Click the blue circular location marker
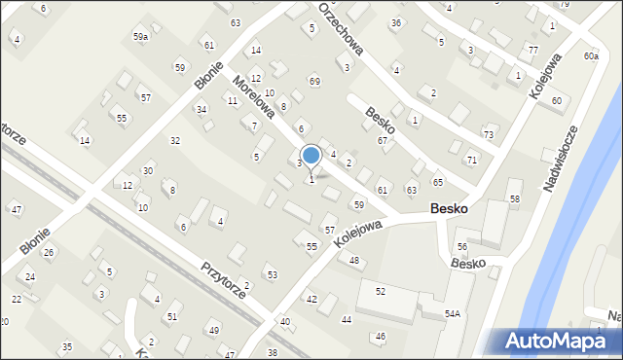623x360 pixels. (x=311, y=155)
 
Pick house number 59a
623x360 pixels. (x=141, y=36)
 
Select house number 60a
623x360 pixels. (x=591, y=56)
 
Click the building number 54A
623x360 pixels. (x=453, y=313)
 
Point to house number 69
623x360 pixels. (x=314, y=81)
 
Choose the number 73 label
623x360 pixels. (x=489, y=133)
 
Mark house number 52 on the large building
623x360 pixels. (x=381, y=291)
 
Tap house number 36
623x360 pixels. (x=396, y=22)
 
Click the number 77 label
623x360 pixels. (x=532, y=50)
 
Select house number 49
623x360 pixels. (x=213, y=330)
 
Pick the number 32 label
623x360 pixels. (x=175, y=141)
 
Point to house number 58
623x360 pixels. (x=515, y=198)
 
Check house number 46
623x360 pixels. (x=380, y=337)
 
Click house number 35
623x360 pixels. (x=66, y=346)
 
